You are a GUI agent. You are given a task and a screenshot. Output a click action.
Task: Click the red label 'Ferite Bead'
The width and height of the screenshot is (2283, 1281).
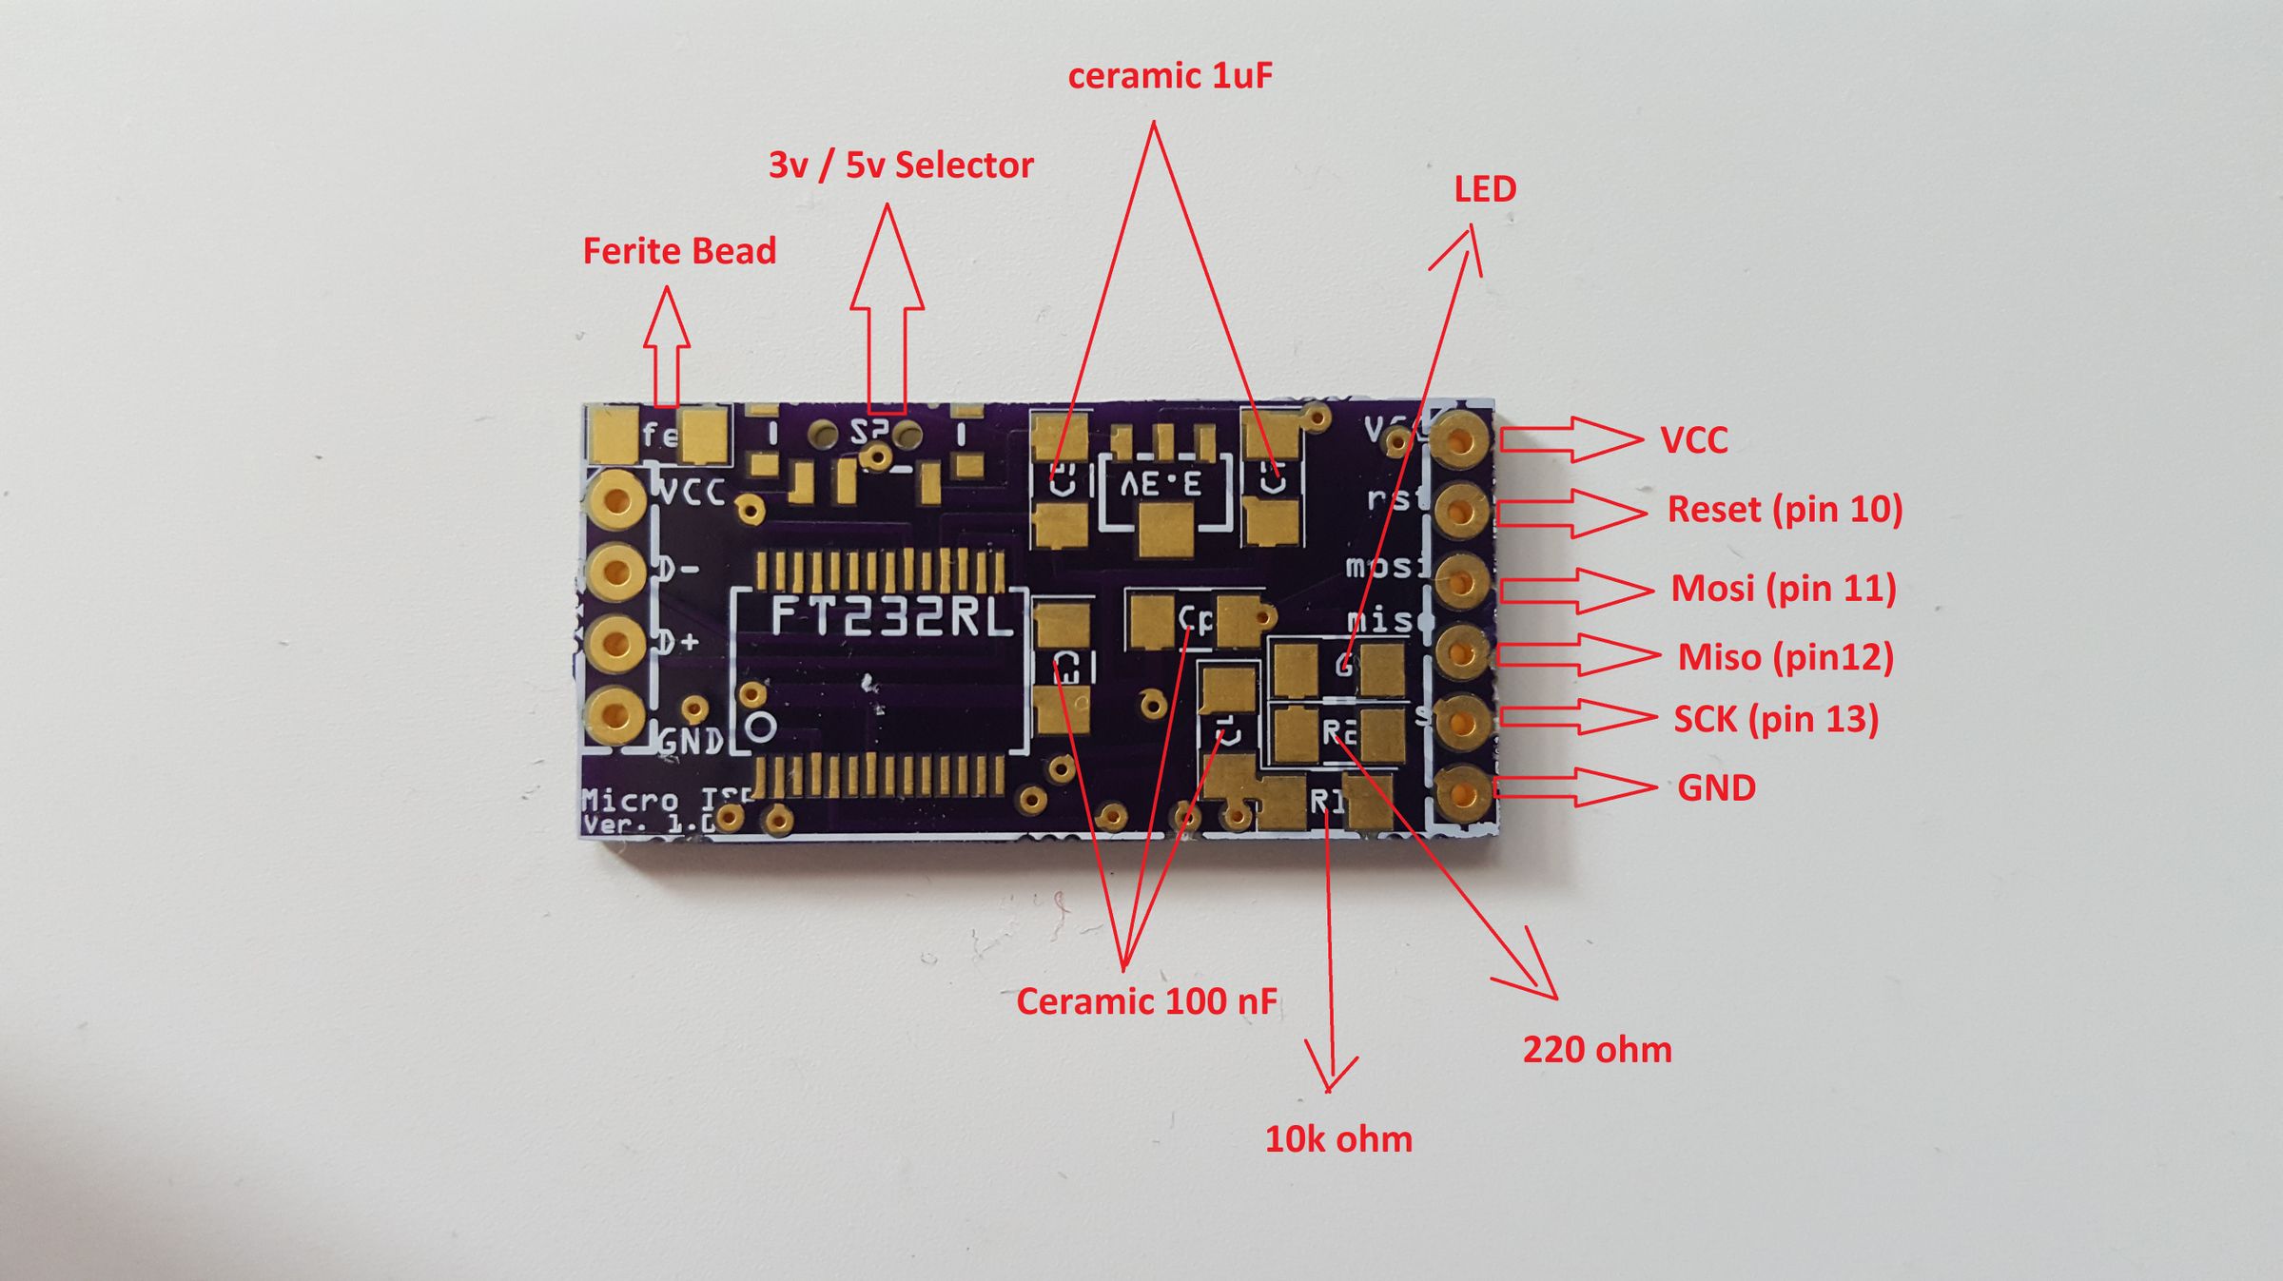pyautogui.click(x=679, y=252)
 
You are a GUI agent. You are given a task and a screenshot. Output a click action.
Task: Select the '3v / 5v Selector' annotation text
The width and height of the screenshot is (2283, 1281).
pyautogui.click(x=900, y=165)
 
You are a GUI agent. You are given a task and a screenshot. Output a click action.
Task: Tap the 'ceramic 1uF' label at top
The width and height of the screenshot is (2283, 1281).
pyautogui.click(x=1169, y=76)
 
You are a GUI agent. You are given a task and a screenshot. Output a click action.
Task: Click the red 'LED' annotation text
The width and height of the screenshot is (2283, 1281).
pyautogui.click(x=1484, y=189)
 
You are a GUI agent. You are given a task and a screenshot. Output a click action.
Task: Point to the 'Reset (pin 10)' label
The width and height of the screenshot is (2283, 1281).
pyautogui.click(x=1784, y=510)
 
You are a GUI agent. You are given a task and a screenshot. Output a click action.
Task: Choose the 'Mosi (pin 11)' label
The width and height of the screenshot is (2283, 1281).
pyautogui.click(x=1783, y=589)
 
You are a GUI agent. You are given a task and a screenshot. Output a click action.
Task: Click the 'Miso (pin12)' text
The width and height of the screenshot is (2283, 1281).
pyautogui.click(x=1785, y=657)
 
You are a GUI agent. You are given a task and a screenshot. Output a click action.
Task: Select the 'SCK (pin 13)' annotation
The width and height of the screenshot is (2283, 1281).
pyautogui.click(x=1775, y=719)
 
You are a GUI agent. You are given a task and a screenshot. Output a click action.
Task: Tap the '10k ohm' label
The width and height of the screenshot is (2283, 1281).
pyautogui.click(x=1337, y=1139)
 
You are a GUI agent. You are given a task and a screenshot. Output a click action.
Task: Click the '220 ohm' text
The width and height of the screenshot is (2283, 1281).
pyautogui.click(x=1596, y=1050)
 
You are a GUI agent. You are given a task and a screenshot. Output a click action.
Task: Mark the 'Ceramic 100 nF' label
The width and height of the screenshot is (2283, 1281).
pyautogui.click(x=1145, y=1001)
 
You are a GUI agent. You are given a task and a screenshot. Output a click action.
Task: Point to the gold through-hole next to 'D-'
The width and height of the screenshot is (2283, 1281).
pyautogui.click(x=616, y=571)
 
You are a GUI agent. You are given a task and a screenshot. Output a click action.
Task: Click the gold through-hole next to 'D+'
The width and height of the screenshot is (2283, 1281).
pyautogui.click(x=616, y=642)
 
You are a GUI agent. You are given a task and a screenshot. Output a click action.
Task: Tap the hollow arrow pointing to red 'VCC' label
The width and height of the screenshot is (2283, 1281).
pyautogui.click(x=1570, y=439)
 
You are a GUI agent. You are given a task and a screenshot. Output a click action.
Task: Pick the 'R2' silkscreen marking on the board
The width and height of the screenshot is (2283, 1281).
pyautogui.click(x=1338, y=731)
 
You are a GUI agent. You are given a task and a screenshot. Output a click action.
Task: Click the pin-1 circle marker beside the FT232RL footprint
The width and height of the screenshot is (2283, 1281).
pyautogui.click(x=760, y=728)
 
